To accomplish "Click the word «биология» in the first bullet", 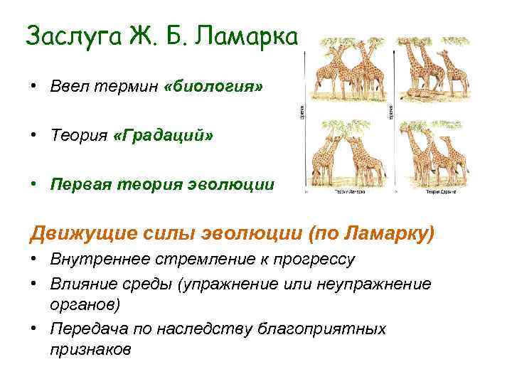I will point(213,86).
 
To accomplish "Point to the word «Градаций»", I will point(163,135).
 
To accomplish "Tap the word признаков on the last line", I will point(91,350).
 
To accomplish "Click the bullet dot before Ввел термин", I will point(33,87).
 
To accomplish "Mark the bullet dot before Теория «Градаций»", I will point(33,136).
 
